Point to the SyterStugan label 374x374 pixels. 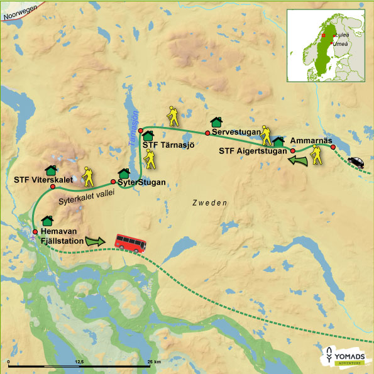click(x=142, y=183)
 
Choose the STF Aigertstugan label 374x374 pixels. click(x=254, y=151)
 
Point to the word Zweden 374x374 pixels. click(x=209, y=203)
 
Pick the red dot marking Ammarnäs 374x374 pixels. click(x=333, y=147)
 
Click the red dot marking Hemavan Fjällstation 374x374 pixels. click(x=35, y=232)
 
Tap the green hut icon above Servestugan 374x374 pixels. click(x=216, y=121)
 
